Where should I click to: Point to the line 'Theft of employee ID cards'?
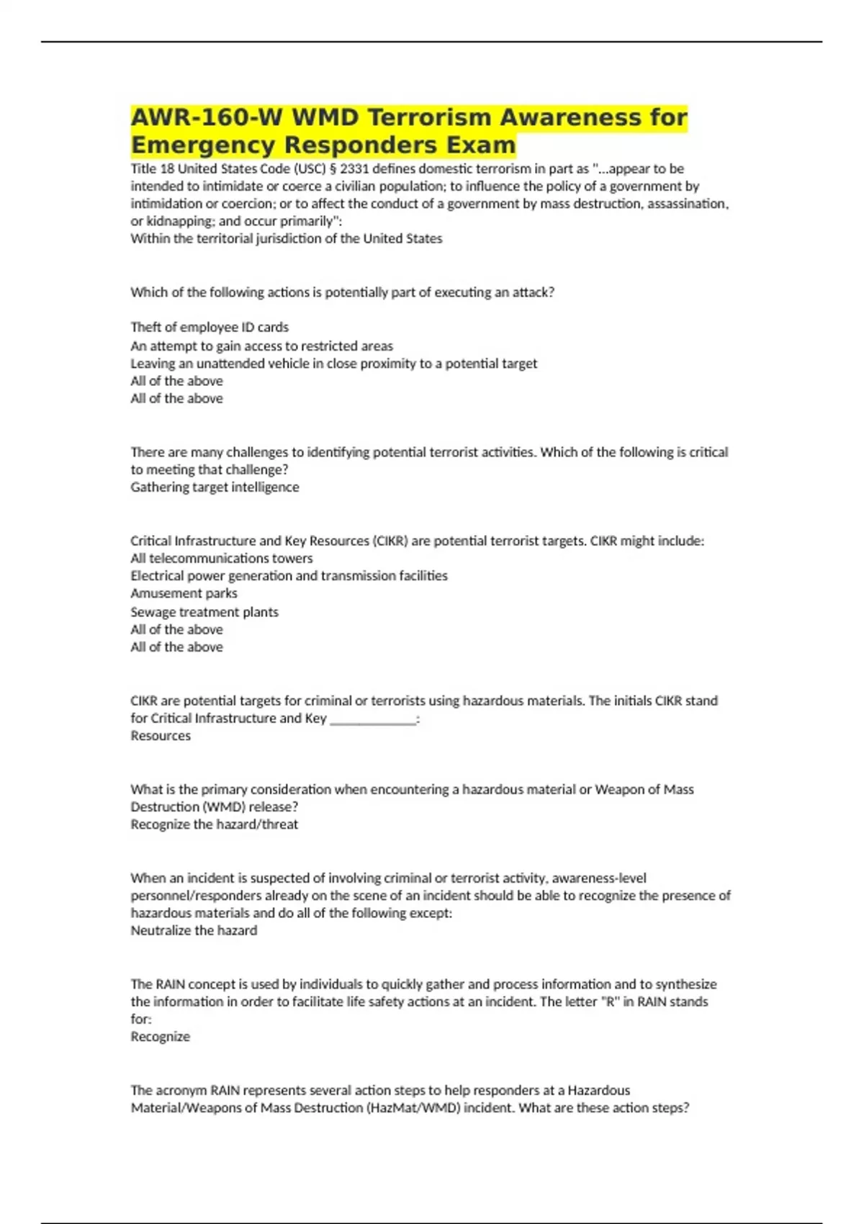click(x=210, y=328)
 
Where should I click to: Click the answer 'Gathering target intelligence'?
click(x=215, y=487)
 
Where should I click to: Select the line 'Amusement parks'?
click(x=184, y=593)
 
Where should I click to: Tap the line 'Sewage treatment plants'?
click(x=204, y=612)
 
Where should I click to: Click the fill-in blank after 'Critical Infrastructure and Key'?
click(x=373, y=719)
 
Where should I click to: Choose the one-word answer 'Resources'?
click(x=161, y=736)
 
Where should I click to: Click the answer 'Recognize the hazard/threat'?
click(x=214, y=824)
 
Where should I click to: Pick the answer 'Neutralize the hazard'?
click(x=194, y=930)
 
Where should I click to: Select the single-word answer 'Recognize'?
click(x=161, y=1037)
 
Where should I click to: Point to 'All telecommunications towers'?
click(x=222, y=559)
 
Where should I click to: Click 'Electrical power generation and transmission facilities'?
click(x=289, y=576)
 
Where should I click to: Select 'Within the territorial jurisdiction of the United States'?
click(x=287, y=239)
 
